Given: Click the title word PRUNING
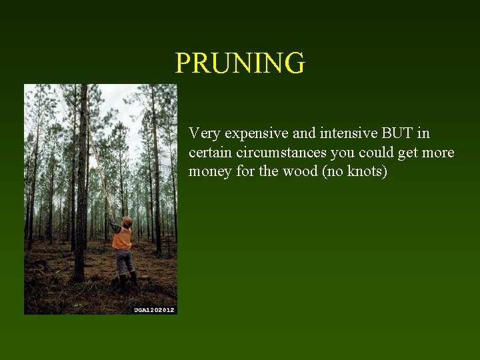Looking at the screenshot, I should click(240, 63).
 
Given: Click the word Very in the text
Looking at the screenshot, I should click(204, 133).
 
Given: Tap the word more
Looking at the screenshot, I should click(438, 153).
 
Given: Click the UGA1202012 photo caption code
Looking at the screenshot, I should click(154, 309).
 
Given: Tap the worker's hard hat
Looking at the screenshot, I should click(127, 221).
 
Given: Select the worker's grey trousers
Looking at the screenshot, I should click(125, 261).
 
